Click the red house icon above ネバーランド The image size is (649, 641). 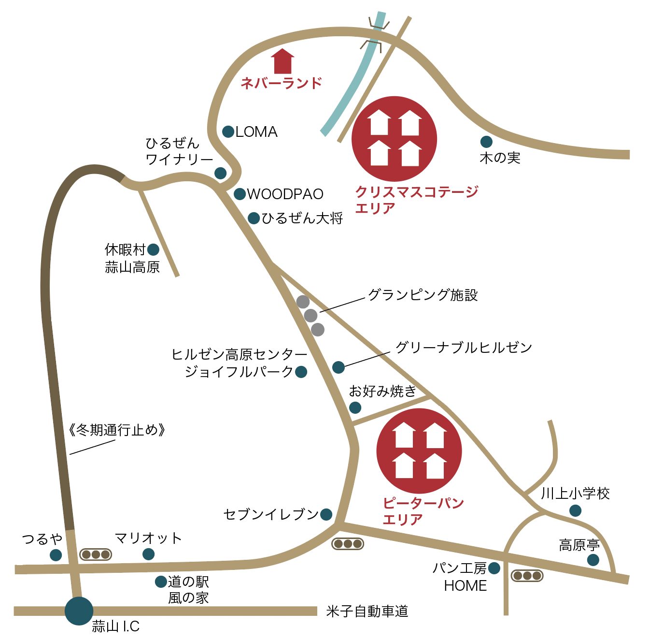tap(282, 61)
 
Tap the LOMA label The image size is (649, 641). tap(256, 131)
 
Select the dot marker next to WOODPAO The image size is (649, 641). tap(240, 194)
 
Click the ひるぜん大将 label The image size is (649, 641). tap(302, 218)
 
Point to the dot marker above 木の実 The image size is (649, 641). tap(486, 142)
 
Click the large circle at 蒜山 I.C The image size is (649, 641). tap(79, 611)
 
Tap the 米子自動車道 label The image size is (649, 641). tap(367, 612)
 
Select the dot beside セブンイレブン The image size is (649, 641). tap(326, 514)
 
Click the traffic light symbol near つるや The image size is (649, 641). tap(96, 554)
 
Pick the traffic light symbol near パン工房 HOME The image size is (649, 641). tap(527, 576)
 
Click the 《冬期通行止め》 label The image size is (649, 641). tap(117, 430)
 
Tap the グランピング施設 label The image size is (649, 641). tap(423, 295)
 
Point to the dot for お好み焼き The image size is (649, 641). tap(355, 408)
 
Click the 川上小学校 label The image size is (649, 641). tap(575, 494)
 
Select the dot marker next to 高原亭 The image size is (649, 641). tap(593, 560)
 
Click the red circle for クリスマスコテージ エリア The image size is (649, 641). tap(395, 139)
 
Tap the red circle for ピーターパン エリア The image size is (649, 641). tap(419, 451)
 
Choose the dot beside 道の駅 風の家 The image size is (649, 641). tap(161, 582)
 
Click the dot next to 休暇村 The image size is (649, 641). tap(153, 249)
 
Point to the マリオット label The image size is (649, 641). tap(148, 538)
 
